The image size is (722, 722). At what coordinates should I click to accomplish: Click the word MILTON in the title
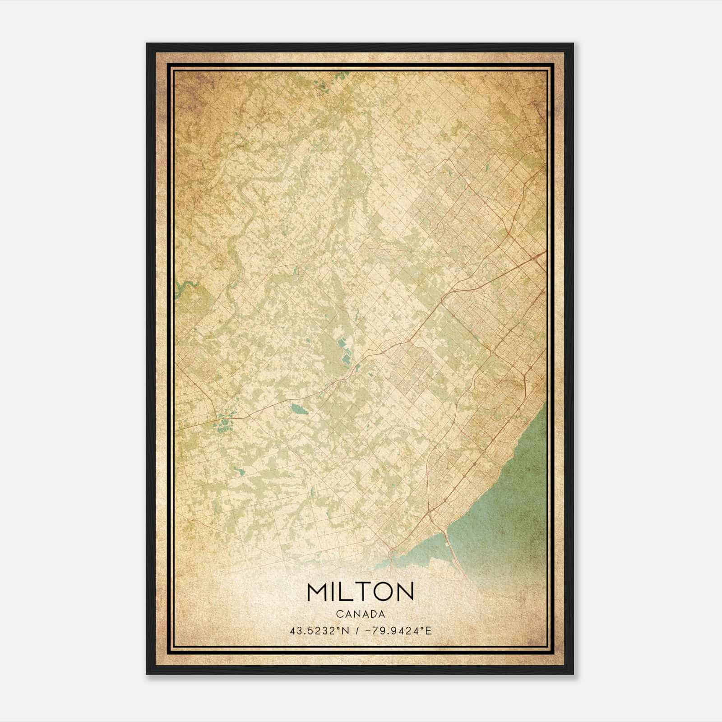tap(360, 592)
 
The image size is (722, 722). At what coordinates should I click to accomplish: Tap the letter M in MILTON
tap(318, 592)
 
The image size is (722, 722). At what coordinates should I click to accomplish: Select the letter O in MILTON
tap(383, 592)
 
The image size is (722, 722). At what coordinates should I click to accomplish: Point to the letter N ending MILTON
tap(405, 592)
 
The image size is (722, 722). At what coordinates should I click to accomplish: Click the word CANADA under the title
tap(360, 614)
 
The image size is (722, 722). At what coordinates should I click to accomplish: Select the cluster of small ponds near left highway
tap(222, 423)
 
